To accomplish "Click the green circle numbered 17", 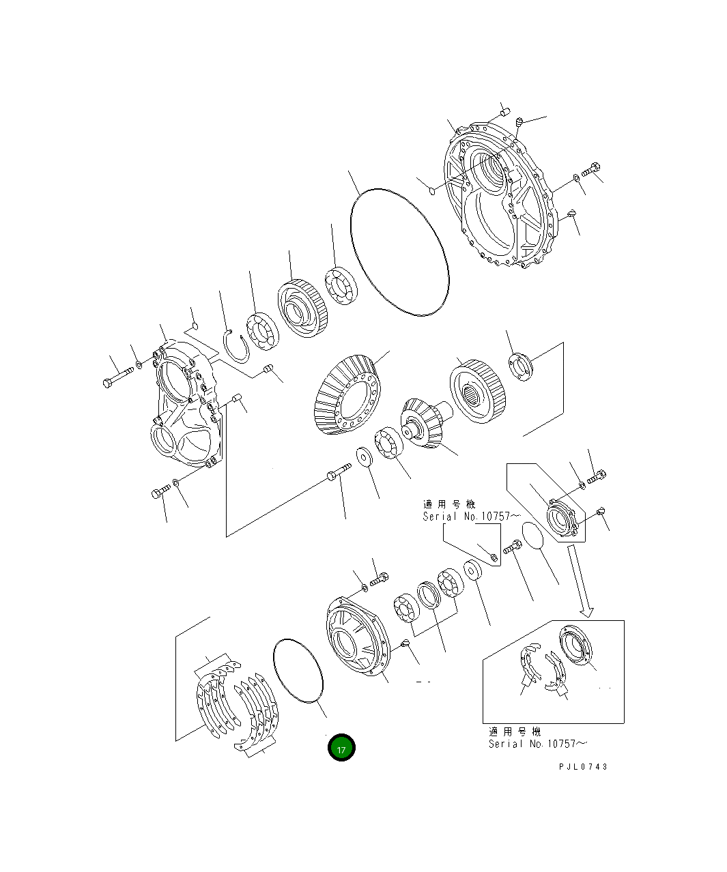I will (341, 748).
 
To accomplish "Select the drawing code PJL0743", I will (582, 766).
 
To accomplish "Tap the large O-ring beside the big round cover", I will (400, 253).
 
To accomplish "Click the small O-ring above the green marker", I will (298, 670).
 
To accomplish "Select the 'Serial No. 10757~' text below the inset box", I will (537, 744).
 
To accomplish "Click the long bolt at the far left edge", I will (119, 376).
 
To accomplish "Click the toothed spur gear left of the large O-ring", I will (303, 310).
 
